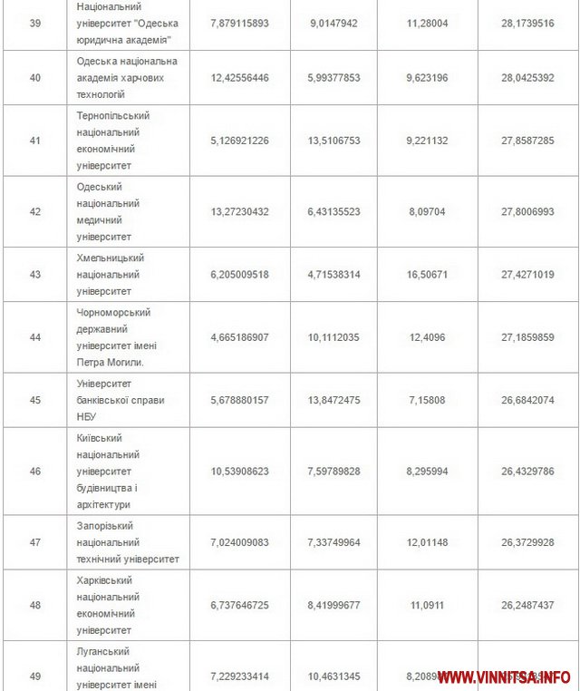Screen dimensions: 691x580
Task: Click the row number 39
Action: click(35, 23)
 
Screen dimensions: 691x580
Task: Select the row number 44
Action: click(35, 337)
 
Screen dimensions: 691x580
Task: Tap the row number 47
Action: click(35, 542)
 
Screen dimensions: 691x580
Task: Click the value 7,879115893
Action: click(239, 23)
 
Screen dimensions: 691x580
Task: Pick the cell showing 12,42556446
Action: click(239, 78)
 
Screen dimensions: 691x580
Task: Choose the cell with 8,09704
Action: click(427, 211)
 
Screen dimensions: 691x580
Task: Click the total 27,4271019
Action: click(527, 274)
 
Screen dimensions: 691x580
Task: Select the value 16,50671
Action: click(427, 274)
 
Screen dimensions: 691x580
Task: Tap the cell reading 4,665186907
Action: click(239, 337)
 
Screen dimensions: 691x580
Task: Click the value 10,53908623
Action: click(239, 471)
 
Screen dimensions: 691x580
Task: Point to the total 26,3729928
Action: click(527, 542)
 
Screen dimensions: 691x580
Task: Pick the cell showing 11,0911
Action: click(427, 605)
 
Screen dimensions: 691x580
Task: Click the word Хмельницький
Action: click(111, 258)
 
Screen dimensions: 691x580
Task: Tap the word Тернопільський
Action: click(113, 116)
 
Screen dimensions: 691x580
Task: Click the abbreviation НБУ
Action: click(89, 416)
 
